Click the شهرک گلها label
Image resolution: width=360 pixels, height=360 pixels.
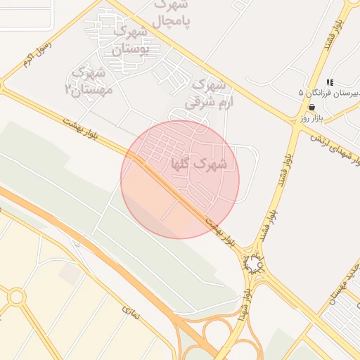click(209, 164)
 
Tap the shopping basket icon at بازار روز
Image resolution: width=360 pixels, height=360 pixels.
click(311, 107)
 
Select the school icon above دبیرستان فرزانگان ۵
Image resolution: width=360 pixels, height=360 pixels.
click(330, 82)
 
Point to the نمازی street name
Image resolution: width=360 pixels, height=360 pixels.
click(131, 314)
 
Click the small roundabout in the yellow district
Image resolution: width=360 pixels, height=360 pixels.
click(17, 297)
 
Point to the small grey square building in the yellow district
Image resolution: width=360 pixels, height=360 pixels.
click(70, 274)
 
